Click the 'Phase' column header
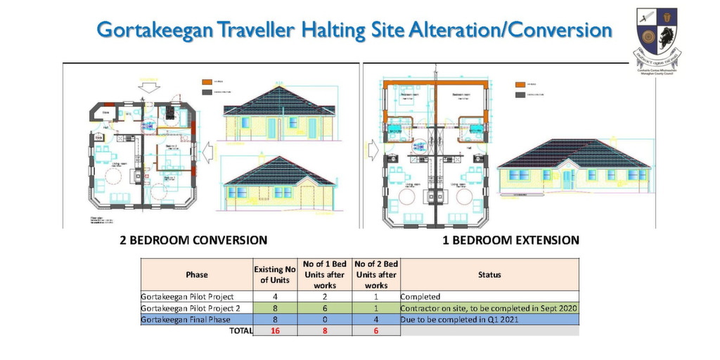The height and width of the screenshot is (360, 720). tap(197, 274)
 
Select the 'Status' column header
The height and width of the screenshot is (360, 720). tap(489, 274)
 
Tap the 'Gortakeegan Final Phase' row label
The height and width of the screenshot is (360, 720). tap(186, 319)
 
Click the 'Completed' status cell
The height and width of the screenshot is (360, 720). tap(422, 297)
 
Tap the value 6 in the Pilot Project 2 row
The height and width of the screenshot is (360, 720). tap(326, 308)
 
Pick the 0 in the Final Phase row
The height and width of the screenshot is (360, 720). tap(326, 319)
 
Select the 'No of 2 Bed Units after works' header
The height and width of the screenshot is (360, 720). tap(376, 274)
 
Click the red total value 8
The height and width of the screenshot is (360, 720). tap(326, 330)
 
